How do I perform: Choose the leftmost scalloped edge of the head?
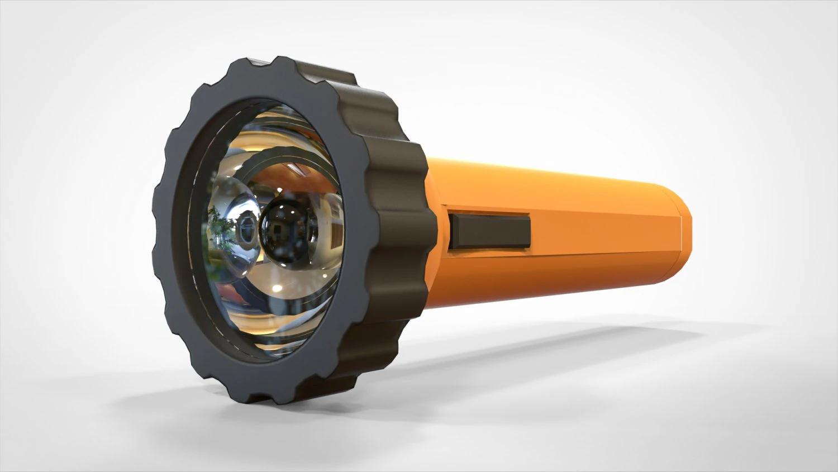pos(156,246)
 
